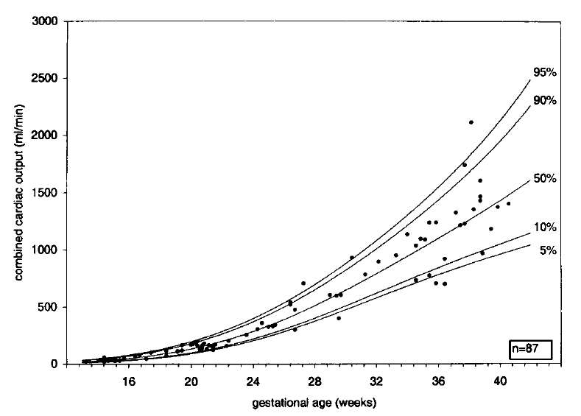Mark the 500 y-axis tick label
click(x=50, y=307)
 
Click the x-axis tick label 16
click(x=128, y=381)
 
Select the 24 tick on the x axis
click(x=253, y=381)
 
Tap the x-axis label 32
click(x=376, y=381)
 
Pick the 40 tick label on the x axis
click(x=500, y=381)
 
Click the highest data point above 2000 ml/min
click(x=471, y=122)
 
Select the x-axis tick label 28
click(x=314, y=381)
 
